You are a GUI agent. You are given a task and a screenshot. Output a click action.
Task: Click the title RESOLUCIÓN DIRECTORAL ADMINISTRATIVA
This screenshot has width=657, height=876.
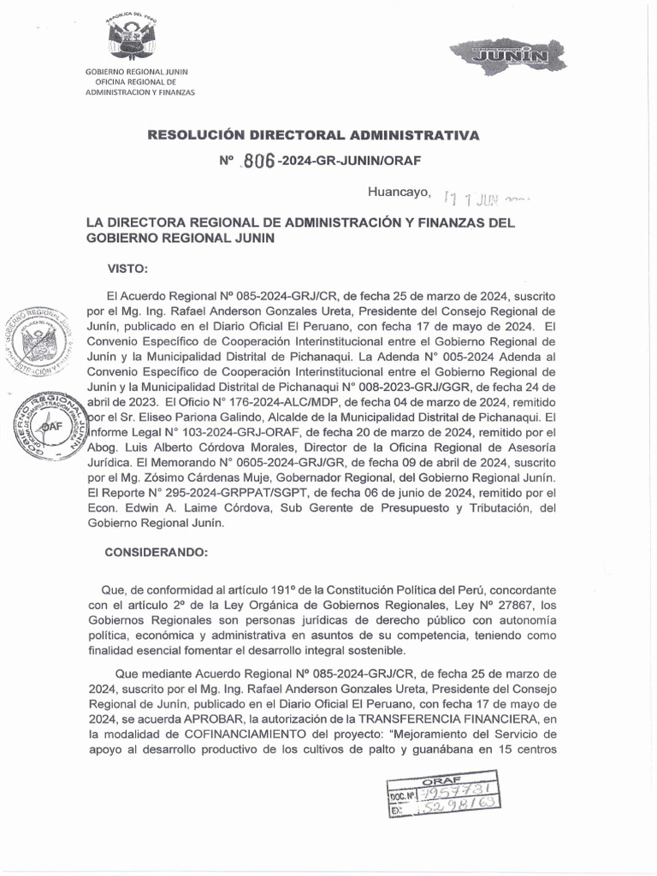point(314,135)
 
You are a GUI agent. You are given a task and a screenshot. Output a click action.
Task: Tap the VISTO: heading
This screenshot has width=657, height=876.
point(127,268)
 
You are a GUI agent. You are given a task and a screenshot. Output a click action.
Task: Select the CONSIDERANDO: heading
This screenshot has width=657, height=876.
point(156,552)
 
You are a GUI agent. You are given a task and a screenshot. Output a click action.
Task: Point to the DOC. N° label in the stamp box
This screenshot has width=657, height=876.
point(406,795)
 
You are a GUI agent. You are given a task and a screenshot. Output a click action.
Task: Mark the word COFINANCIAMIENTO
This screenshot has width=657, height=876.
point(235,734)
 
